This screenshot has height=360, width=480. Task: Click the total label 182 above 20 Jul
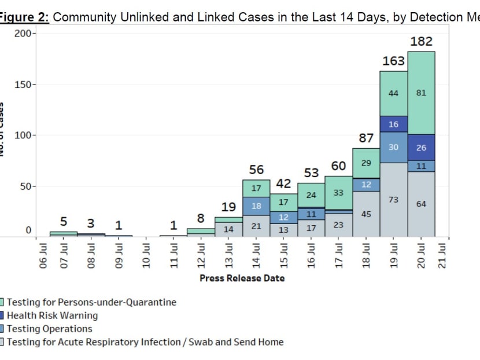click(x=421, y=42)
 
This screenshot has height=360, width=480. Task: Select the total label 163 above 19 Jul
click(x=394, y=61)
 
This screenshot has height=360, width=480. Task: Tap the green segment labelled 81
click(x=421, y=93)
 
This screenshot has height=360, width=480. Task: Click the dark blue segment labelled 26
click(x=421, y=148)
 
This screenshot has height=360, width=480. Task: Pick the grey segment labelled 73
click(x=394, y=199)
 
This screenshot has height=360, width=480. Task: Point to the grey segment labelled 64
click(x=421, y=204)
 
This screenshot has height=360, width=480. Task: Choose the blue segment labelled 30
click(x=394, y=147)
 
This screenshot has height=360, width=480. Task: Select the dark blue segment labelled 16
click(x=394, y=124)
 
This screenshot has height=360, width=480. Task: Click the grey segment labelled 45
click(x=366, y=214)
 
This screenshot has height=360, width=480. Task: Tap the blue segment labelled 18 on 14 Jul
click(x=256, y=206)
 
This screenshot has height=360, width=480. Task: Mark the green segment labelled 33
click(x=339, y=193)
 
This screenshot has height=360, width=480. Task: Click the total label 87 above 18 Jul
click(x=366, y=138)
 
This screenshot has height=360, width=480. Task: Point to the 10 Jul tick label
click(x=147, y=255)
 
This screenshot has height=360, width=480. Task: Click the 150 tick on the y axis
click(x=25, y=85)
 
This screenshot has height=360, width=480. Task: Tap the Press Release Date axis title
click(x=242, y=278)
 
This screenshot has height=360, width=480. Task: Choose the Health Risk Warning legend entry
click(x=52, y=315)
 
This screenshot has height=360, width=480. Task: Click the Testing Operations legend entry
click(x=49, y=329)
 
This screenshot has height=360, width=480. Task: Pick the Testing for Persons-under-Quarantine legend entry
click(x=91, y=302)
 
